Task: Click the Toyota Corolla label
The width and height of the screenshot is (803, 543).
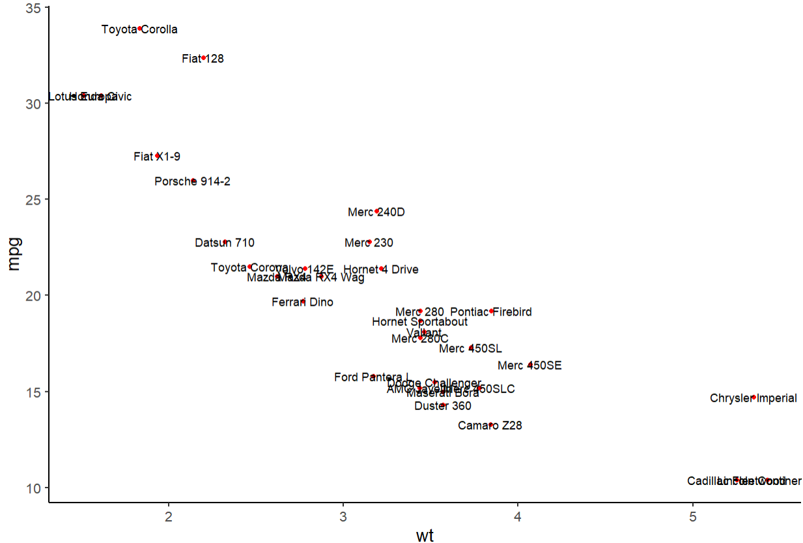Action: pos(139,29)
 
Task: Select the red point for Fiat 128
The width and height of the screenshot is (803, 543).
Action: pos(204,58)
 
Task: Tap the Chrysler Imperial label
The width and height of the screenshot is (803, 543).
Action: pos(754,398)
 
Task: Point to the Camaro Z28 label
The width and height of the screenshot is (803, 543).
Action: pos(490,426)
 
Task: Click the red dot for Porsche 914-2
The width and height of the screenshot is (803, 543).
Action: pos(193,181)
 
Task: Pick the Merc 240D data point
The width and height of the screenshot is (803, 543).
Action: pos(377,211)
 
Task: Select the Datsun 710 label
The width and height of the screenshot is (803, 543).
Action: pos(225,243)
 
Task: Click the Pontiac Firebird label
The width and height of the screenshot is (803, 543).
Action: pos(491,312)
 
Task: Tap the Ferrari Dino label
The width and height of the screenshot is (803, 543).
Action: pos(303,302)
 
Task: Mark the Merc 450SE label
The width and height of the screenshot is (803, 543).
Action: pos(529,366)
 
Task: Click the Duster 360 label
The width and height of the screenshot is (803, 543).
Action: pos(443,406)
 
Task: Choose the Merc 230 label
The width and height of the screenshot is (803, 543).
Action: pos(369,243)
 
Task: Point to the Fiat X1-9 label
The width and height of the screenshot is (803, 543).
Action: pos(157,156)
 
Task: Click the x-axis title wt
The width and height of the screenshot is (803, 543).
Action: pos(425,535)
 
